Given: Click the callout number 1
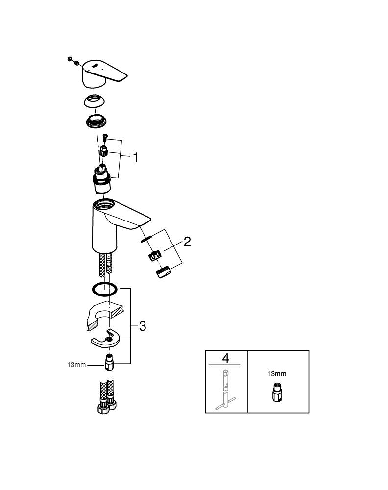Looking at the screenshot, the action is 135,157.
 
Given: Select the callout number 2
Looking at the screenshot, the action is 187,242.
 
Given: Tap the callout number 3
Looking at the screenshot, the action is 143,326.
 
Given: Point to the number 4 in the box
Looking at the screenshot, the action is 225,358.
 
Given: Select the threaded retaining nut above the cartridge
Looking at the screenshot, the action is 97,121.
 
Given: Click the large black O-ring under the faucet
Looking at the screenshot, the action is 105,289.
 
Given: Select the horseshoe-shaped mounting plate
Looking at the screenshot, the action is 105,339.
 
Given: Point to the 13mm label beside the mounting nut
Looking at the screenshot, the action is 76,365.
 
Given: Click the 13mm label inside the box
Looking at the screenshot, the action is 277,374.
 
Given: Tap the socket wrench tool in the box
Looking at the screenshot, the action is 225,390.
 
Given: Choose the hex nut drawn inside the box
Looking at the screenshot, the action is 277,392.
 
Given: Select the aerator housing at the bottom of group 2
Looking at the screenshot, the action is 163,271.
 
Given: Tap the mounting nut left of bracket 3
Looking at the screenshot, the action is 108,363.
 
